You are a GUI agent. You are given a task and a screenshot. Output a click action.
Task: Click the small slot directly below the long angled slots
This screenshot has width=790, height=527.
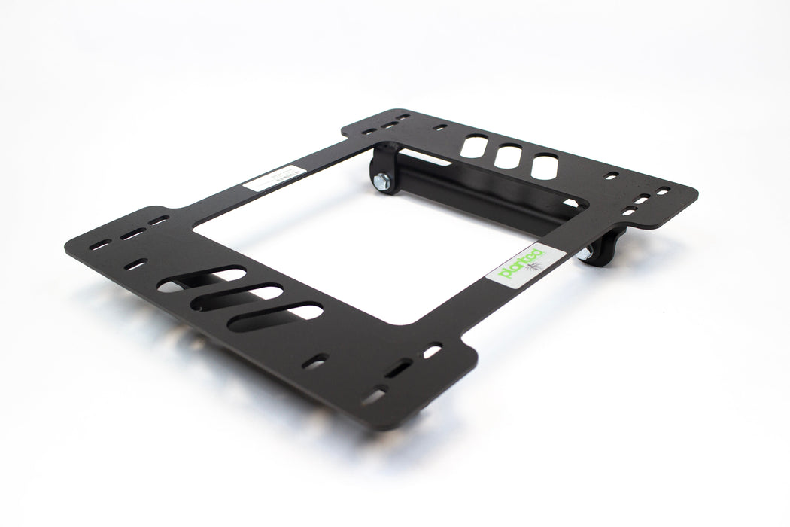(319, 361)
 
